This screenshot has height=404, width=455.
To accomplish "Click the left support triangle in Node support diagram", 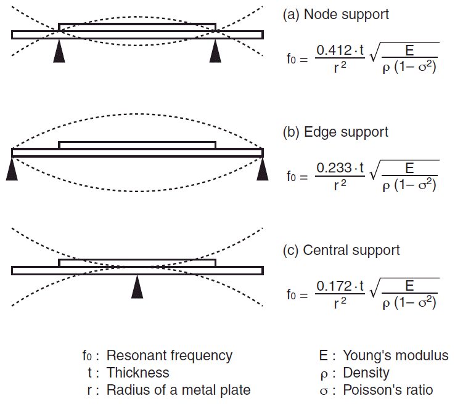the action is (59, 52).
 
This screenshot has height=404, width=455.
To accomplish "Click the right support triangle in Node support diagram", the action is (215, 52).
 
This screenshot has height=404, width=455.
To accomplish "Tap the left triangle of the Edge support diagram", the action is (12, 169).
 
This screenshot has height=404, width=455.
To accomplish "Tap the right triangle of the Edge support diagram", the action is (263, 169).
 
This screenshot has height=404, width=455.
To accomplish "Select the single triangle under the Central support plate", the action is (137, 287).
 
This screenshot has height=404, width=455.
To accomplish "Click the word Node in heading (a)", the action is (318, 14).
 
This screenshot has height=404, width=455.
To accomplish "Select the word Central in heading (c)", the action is (322, 250).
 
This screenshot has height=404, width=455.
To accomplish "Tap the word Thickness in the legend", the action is (138, 373).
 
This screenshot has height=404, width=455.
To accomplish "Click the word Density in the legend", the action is (366, 373).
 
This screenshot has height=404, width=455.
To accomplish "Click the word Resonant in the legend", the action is (136, 355).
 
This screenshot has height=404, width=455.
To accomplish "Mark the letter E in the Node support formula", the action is (409, 50).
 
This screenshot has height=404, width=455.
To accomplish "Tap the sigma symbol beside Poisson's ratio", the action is (324, 391).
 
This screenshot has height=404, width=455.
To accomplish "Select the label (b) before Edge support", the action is (291, 132).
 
